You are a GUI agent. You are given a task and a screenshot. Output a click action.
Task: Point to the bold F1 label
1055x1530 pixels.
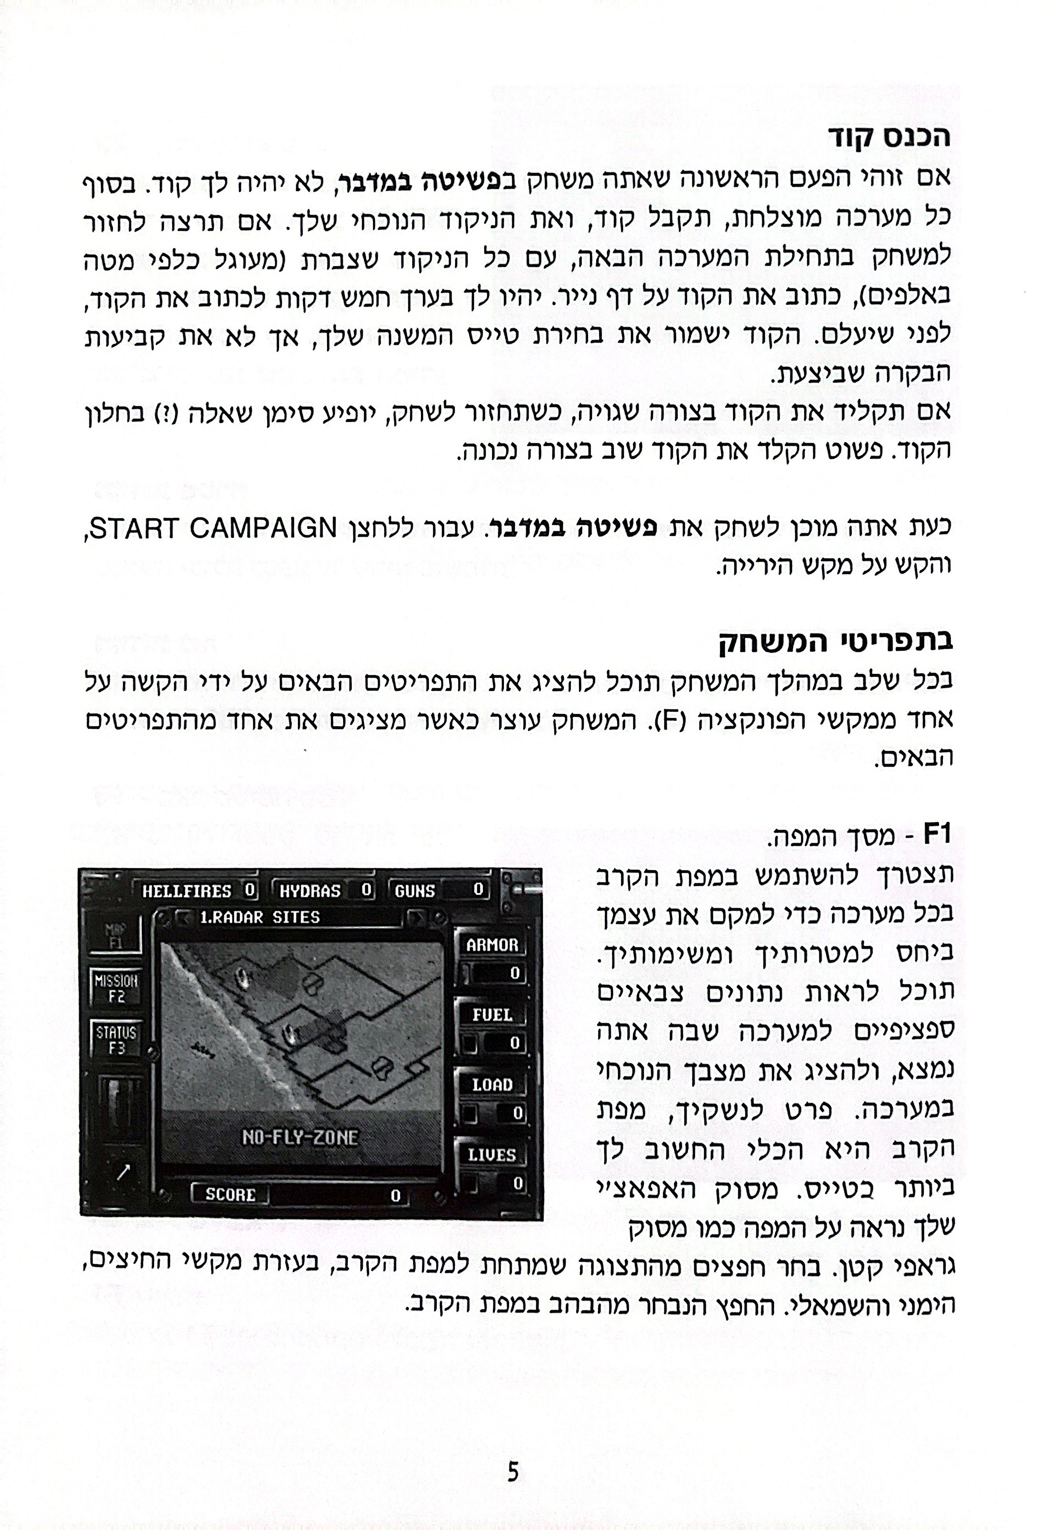936,834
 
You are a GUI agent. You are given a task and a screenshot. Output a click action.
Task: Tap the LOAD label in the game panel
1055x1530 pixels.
492,1084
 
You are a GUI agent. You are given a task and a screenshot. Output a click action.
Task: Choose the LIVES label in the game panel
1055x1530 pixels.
492,1154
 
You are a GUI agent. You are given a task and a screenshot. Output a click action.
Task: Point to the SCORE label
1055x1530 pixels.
230,1194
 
